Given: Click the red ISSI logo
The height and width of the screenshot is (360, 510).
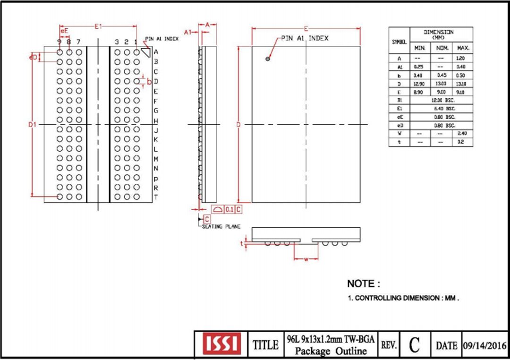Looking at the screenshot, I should click(221, 344).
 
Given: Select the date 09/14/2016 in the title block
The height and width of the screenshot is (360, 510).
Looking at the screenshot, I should click(484, 345).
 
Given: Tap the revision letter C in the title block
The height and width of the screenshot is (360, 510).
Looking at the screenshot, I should click(414, 344).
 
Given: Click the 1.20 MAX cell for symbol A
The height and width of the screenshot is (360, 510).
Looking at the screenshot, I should click(461, 58).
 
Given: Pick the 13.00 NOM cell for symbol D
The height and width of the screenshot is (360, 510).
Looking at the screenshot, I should click(440, 84).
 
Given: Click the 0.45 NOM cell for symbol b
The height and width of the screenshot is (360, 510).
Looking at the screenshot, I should click(440, 75).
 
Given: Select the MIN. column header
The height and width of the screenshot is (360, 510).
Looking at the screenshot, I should click(420, 48).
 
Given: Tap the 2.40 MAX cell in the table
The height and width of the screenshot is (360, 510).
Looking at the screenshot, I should click(461, 134).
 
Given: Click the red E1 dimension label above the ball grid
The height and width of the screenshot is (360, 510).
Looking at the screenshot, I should click(98, 26).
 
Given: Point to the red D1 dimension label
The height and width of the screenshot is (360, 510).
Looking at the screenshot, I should click(32, 124).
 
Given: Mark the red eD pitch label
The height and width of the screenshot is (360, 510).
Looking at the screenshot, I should click(33, 57).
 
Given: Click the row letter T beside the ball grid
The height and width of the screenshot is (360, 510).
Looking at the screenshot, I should click(156, 197).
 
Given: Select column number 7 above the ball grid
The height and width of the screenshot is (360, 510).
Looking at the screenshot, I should click(78, 42).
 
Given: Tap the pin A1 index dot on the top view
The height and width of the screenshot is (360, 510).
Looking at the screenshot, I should click(268, 59).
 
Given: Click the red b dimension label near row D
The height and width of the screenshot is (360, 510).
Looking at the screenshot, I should click(149, 81).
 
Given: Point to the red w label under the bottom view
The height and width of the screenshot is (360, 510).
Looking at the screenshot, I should click(306, 259).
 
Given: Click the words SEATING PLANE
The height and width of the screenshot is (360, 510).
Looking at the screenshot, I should click(221, 227).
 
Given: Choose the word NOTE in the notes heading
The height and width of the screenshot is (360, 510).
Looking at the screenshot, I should click(361, 284).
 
